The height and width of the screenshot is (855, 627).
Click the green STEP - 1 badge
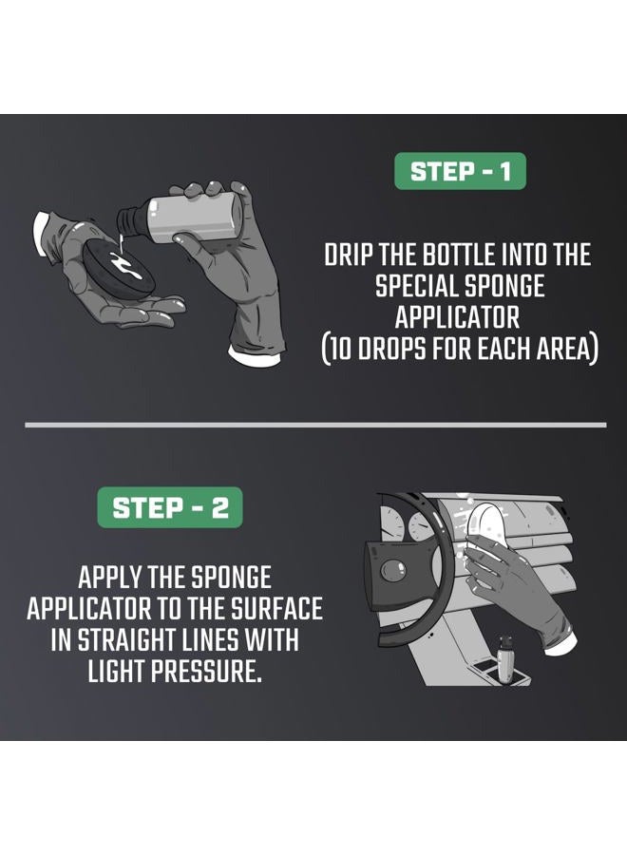460,172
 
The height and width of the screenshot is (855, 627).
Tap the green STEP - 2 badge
170,506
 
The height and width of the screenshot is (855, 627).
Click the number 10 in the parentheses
344,348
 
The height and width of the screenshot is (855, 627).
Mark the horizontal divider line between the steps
314,425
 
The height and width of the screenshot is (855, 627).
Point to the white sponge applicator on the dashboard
485,531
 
